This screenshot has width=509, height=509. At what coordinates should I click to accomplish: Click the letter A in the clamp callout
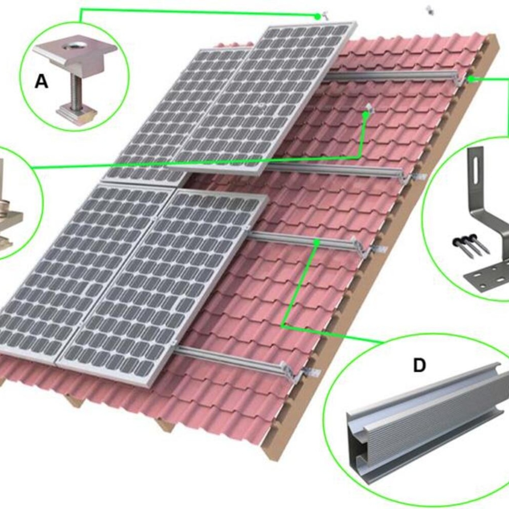(x=42, y=82)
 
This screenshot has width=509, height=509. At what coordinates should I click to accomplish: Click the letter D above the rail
(x=419, y=365)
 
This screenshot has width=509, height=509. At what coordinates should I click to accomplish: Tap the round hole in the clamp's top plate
(x=72, y=47)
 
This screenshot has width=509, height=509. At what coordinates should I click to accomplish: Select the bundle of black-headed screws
(x=471, y=244)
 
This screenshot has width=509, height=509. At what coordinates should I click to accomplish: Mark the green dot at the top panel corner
(x=318, y=17)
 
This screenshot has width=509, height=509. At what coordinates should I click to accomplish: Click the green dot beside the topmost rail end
(x=471, y=79)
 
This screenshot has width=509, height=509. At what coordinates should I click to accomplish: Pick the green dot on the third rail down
(x=317, y=242)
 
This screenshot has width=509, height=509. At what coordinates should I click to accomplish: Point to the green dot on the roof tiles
(x=366, y=115)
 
